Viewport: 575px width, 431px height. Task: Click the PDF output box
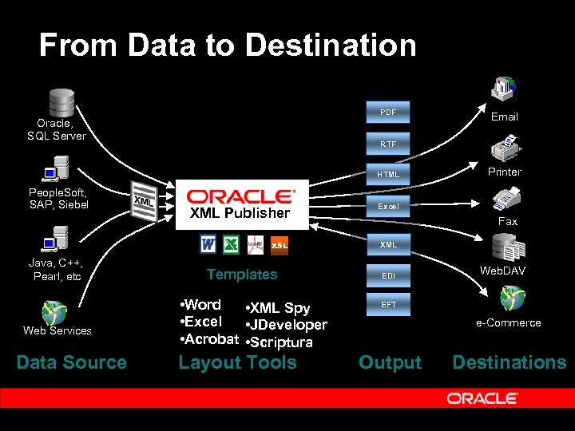tap(388, 113)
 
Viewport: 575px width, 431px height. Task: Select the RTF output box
tap(388, 144)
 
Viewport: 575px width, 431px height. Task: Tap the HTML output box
tap(388, 175)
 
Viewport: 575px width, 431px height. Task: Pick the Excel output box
tap(388, 207)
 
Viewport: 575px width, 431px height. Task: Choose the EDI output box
tap(388, 275)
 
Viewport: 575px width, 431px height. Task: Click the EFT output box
tap(388, 305)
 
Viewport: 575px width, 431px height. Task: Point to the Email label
tap(504, 117)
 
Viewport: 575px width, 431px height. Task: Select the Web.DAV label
tap(503, 271)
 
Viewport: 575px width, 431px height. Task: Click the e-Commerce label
tap(509, 322)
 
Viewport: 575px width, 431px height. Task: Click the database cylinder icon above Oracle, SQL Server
tap(61, 101)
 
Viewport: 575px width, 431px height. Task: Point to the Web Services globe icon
tap(55, 311)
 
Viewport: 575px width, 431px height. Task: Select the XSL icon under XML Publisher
tap(280, 245)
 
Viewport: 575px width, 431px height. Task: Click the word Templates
tap(241, 275)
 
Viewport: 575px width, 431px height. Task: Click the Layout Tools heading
tap(237, 362)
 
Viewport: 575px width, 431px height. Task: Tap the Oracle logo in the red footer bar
tap(482, 397)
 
